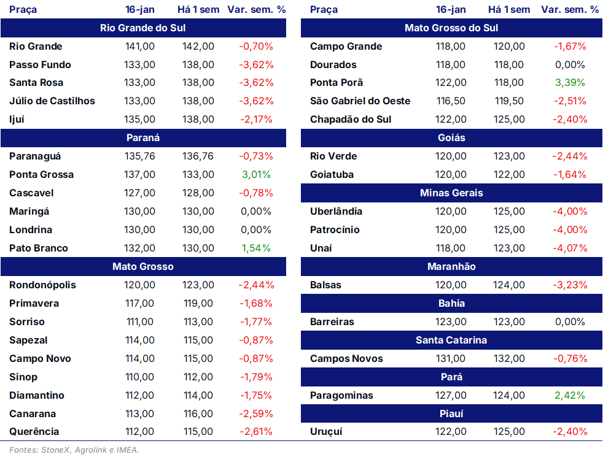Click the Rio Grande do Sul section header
[143, 28]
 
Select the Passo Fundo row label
[40, 64]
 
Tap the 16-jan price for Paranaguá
[140, 156]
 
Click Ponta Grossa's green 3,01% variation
[256, 175]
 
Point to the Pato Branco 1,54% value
[256, 248]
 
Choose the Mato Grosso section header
[143, 266]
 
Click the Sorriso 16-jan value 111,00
[140, 322]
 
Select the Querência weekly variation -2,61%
[256, 432]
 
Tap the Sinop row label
[23, 377]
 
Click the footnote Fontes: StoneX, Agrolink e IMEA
[74, 450]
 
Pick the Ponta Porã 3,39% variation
[570, 83]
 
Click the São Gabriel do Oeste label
[360, 101]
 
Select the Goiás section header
[451, 138]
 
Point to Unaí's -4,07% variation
[570, 248]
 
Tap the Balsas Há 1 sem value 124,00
[509, 285]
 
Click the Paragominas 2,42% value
[570, 395]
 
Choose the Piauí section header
[451, 413]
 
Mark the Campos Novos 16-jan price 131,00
[450, 359]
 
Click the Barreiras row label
[332, 322]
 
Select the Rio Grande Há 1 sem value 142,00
[198, 47]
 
